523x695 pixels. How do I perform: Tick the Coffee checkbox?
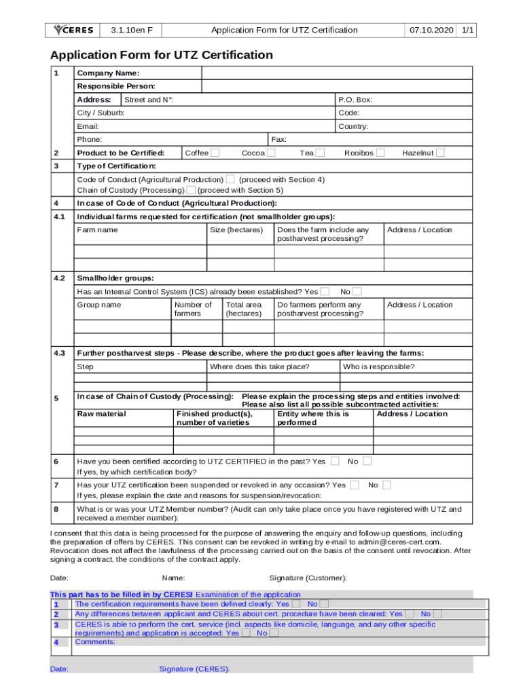[215, 153]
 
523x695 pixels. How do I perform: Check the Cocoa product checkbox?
[271, 153]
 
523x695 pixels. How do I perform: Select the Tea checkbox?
[321, 153]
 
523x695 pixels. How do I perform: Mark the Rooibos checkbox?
[380, 153]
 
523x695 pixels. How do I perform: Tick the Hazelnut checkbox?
[440, 153]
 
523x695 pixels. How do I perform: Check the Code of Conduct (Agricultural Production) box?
[230, 179]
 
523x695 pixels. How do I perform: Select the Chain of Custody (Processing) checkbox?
[191, 190]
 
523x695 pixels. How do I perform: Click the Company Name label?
[109, 73]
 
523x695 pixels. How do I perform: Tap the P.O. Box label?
[355, 100]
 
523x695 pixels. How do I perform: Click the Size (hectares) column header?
[236, 230]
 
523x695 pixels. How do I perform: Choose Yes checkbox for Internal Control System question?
[325, 291]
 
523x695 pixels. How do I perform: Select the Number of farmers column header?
[193, 309]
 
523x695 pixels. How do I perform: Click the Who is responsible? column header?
[378, 367]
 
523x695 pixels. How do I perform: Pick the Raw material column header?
[101, 414]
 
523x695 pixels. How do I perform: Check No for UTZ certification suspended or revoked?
[386, 485]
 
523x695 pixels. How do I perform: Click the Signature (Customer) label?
[308, 578]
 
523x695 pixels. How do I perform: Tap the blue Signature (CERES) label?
[194, 669]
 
